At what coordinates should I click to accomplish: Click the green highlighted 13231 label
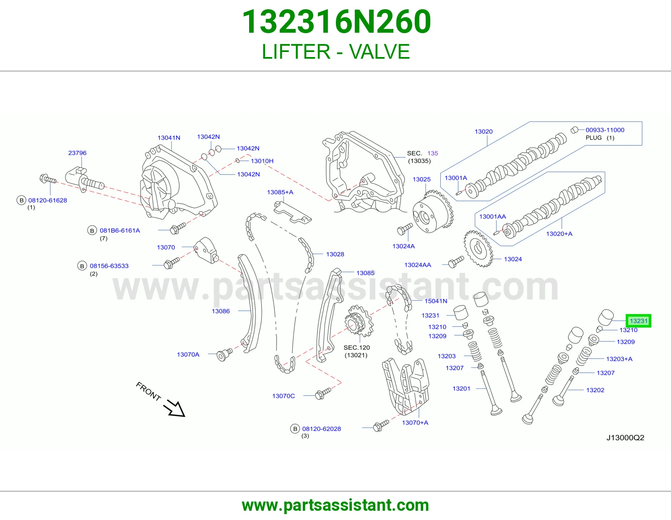click(x=638, y=321)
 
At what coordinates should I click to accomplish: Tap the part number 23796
click(x=77, y=153)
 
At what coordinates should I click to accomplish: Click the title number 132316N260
click(x=337, y=22)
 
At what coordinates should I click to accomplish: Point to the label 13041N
click(x=169, y=138)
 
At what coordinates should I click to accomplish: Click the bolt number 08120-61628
click(x=47, y=200)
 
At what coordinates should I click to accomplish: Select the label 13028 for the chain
click(x=335, y=254)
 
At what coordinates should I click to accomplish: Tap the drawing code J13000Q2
click(x=625, y=437)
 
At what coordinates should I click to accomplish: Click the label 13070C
click(x=283, y=396)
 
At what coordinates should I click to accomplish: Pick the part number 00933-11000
click(x=605, y=130)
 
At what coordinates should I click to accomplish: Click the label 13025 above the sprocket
click(x=421, y=179)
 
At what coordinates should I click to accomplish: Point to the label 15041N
click(x=436, y=301)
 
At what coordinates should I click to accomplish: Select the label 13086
click(x=221, y=311)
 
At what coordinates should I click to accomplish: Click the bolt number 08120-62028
click(x=321, y=429)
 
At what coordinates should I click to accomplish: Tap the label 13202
click(x=595, y=390)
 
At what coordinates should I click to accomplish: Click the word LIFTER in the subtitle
click(x=296, y=52)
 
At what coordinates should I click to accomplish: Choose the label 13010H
click(x=262, y=161)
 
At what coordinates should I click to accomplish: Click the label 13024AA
click(x=417, y=265)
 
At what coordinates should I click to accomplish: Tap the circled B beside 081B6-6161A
click(x=92, y=230)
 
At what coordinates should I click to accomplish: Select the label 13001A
click(x=456, y=178)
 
